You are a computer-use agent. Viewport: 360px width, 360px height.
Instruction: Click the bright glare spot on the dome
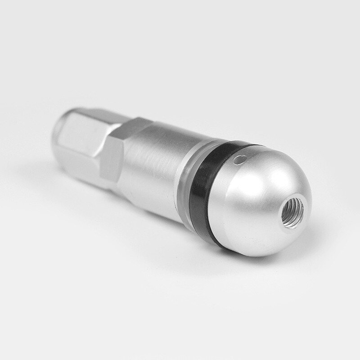tap(261, 166)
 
